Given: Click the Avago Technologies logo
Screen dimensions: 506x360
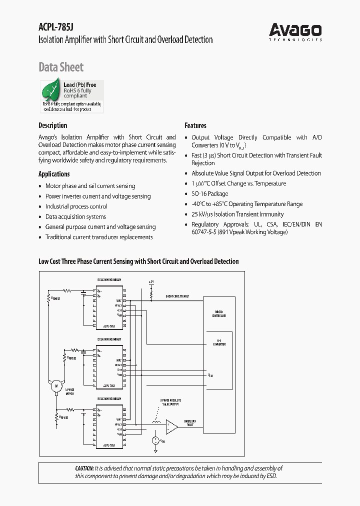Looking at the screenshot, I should pos(295,31).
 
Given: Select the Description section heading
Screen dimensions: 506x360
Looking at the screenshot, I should pos(52,125).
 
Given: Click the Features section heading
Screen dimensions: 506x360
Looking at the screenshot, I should pos(195,125).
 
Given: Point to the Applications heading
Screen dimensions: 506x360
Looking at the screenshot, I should pos(54,174).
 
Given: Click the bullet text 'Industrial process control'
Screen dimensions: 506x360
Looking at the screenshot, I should pos(76,206).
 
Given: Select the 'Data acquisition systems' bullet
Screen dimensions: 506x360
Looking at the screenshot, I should pos(75,217).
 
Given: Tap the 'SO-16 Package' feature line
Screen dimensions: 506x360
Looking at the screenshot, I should pos(209,193).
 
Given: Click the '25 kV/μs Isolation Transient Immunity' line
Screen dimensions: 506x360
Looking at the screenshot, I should pos(237,214).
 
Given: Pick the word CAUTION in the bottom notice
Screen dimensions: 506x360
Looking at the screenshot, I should pos(84,468).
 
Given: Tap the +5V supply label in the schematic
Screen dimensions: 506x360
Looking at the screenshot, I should pos(151,282).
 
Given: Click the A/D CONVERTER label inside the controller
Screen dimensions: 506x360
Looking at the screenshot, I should pos(219,342).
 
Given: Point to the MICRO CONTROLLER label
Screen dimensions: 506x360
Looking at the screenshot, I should pos(219,314).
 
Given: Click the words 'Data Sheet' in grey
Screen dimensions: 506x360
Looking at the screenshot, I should pos(61,67).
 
